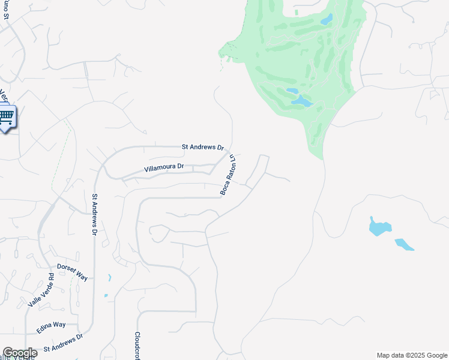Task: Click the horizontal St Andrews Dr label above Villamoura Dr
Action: (203, 147)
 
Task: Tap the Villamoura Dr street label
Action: (164, 169)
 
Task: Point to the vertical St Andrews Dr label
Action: (95, 214)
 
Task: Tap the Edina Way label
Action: (51, 327)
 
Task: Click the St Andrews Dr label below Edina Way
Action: (63, 343)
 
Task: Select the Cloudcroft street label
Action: (137, 344)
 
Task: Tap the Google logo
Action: (20, 353)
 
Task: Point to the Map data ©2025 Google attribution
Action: (411, 355)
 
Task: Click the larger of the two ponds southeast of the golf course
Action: (379, 227)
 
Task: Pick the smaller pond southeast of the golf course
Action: (404, 244)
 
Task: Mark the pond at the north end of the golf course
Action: (326, 20)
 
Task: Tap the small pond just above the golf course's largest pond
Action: (292, 92)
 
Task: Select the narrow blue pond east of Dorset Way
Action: (109, 278)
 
